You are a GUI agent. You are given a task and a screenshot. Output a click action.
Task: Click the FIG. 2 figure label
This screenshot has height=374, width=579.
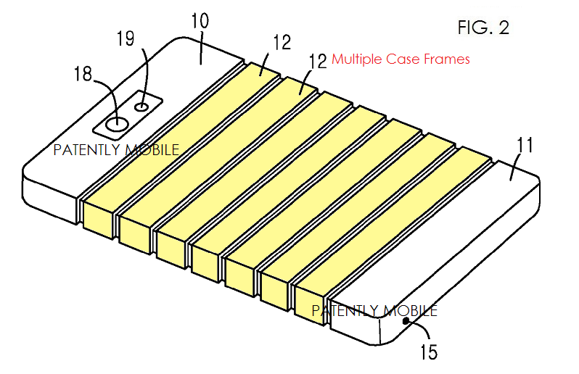tap(483, 28)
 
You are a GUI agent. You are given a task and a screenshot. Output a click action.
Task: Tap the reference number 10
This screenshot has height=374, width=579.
tap(200, 20)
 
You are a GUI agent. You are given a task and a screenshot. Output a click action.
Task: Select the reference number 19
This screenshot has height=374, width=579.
tap(126, 38)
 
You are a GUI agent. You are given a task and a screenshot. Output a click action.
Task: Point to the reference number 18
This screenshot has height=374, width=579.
tap(83, 73)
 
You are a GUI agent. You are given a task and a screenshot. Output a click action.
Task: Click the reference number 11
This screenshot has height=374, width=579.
tap(525, 145)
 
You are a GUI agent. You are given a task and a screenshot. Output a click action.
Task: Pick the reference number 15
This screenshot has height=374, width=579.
tap(429, 352)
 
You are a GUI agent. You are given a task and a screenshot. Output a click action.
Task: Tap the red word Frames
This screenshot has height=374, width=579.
tap(447, 59)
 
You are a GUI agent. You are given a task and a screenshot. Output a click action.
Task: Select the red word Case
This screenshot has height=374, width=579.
tap(403, 59)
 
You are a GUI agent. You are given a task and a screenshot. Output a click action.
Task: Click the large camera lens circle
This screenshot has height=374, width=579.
tap(118, 124)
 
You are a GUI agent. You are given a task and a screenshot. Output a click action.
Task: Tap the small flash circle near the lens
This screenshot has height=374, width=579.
tap(142, 107)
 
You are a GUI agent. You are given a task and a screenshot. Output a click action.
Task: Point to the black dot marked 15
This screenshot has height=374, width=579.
tap(406, 321)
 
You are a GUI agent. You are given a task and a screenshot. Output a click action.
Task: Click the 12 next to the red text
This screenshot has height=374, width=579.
tap(318, 61)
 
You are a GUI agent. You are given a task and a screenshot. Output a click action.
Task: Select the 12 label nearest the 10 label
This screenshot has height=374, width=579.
tap(282, 42)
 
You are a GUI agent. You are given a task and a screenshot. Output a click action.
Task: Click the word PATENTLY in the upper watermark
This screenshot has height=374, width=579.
tap(87, 150)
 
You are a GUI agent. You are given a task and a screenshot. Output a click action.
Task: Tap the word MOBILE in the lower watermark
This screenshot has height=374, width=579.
tap(409, 311)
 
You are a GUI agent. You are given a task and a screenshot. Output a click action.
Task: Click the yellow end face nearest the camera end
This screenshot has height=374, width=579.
tap(97, 220)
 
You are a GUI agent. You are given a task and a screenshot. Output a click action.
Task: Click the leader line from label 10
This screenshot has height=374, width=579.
tap(201, 49)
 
